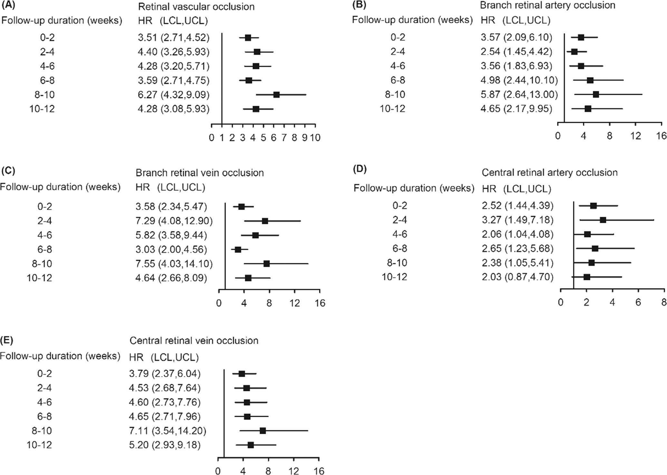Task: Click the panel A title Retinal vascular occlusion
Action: pyautogui.click(x=196, y=6)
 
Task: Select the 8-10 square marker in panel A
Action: pyautogui.click(x=276, y=95)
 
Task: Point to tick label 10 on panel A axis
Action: pyautogui.click(x=315, y=138)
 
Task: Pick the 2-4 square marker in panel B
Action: pyautogui.click(x=574, y=52)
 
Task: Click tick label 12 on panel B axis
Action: pyautogui.click(x=635, y=136)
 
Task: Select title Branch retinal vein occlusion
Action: pyautogui.click(x=199, y=173)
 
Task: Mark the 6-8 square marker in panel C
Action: pyautogui.click(x=238, y=250)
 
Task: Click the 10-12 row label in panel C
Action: pyautogui.click(x=39, y=278)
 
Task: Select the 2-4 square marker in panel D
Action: pyautogui.click(x=603, y=220)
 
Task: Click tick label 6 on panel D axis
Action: pyautogui.click(x=638, y=302)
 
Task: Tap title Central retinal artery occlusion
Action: pyautogui.click(x=549, y=173)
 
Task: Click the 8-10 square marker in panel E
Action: pyautogui.click(x=263, y=431)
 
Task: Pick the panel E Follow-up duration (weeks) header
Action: pyautogui.click(x=60, y=356)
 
